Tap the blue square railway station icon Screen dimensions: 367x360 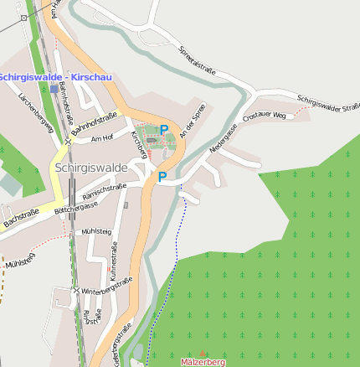[x=54, y=87]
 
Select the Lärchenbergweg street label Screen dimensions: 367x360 [x=36, y=112]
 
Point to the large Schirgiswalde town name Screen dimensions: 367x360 [x=91, y=168]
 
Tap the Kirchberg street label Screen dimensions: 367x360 [x=139, y=144]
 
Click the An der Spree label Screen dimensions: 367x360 [x=194, y=121]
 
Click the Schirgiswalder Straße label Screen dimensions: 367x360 [x=328, y=102]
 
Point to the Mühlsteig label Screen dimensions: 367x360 [x=96, y=230]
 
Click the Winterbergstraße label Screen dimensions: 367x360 [x=107, y=287]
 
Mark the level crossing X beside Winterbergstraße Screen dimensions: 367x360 [x=76, y=291]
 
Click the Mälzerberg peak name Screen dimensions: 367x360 [x=203, y=362]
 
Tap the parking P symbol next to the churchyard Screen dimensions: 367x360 [x=165, y=130]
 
